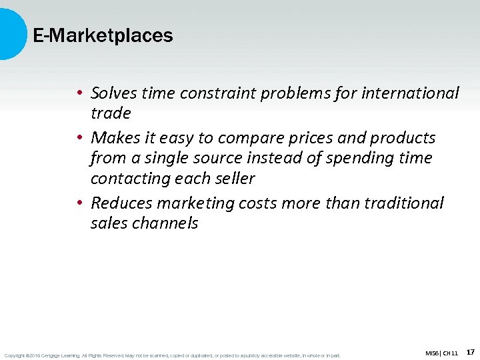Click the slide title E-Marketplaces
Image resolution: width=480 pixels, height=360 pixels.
tap(103, 36)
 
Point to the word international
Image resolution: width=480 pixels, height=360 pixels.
tap(410, 93)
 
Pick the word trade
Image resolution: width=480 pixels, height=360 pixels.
tap(111, 113)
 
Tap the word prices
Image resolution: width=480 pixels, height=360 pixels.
tap(307, 138)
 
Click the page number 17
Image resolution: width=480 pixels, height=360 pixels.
tap(471, 351)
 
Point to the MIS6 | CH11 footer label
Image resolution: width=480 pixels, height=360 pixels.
tap(441, 353)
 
